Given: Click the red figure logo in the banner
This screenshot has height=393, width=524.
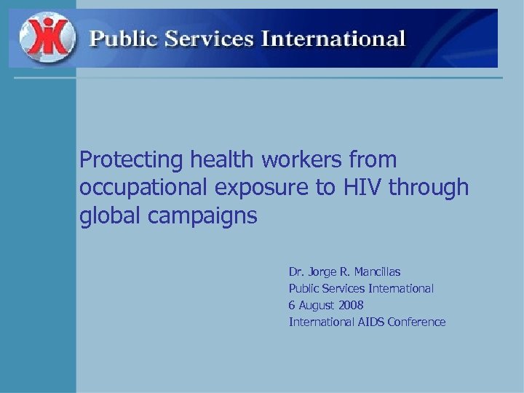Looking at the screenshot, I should click(47, 38).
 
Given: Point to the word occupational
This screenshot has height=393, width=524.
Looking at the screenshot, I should click(142, 188).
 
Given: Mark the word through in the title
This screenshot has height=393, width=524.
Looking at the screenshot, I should click(429, 188).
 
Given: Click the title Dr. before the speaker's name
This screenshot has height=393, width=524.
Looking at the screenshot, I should click(296, 272).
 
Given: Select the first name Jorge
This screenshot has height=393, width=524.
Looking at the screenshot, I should click(322, 272).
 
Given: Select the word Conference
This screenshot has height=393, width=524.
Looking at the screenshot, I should click(416, 322).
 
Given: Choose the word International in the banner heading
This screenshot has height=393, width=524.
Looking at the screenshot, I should click(333, 38).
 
